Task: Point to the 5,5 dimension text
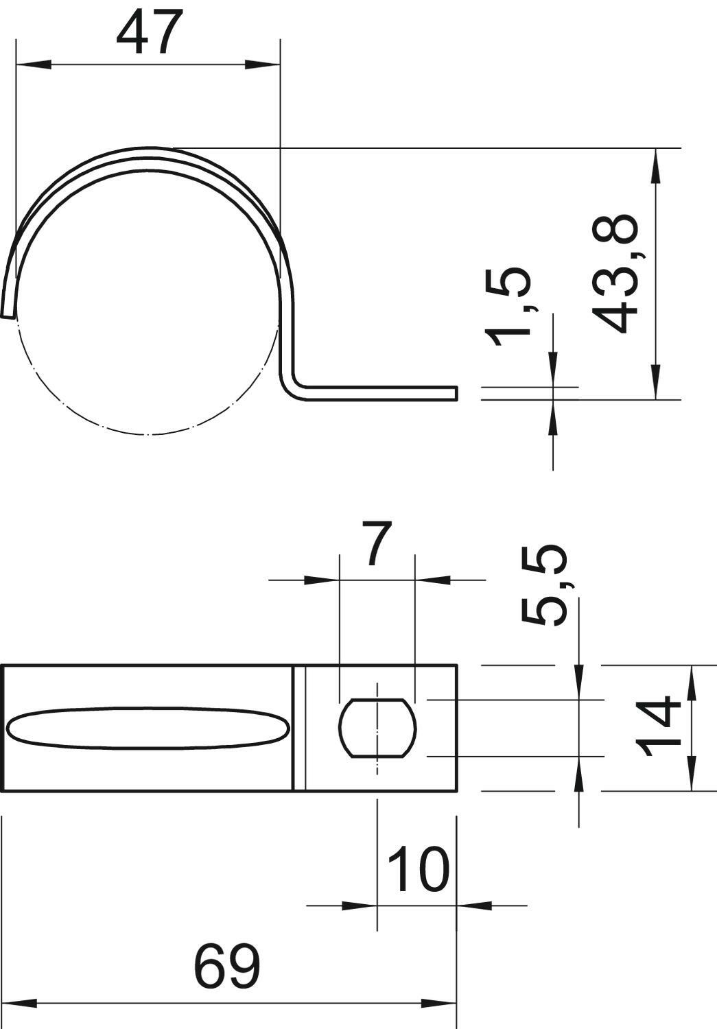pyautogui.click(x=545, y=586)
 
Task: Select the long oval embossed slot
pyautogui.click(x=149, y=729)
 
